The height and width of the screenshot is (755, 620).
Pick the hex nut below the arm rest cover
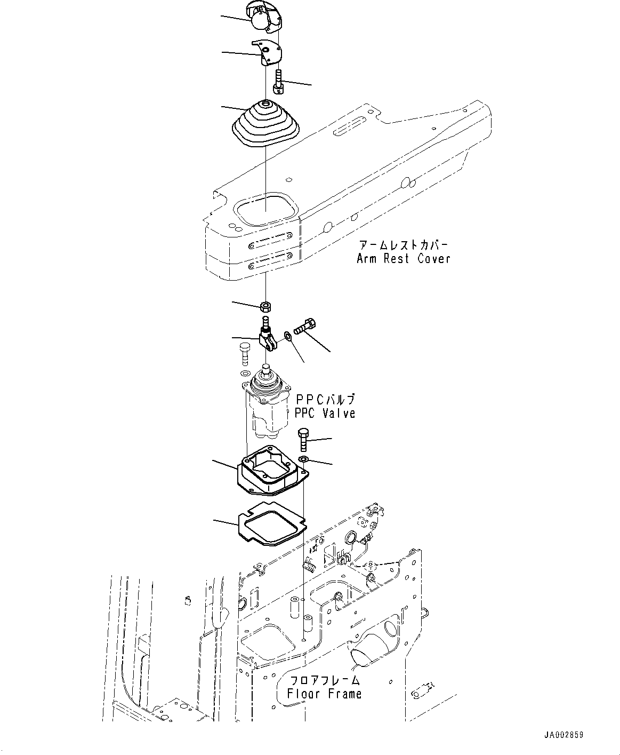pyautogui.click(x=265, y=307)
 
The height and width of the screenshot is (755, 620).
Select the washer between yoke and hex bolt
pyautogui.click(x=287, y=336)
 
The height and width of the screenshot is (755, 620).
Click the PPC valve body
pyautogui.click(x=266, y=406)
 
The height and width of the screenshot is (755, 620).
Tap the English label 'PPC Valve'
pyautogui.click(x=325, y=414)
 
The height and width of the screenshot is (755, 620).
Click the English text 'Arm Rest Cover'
pyautogui.click(x=403, y=259)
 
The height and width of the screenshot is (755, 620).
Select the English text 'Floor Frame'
pyautogui.click(x=324, y=694)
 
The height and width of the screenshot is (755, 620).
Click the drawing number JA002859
pyautogui.click(x=563, y=735)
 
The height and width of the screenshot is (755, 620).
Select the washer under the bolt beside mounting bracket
pyautogui.click(x=303, y=460)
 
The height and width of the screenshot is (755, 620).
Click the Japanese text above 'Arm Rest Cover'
pyautogui.click(x=403, y=245)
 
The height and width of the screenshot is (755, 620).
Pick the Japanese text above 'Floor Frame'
pyautogui.click(x=324, y=680)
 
